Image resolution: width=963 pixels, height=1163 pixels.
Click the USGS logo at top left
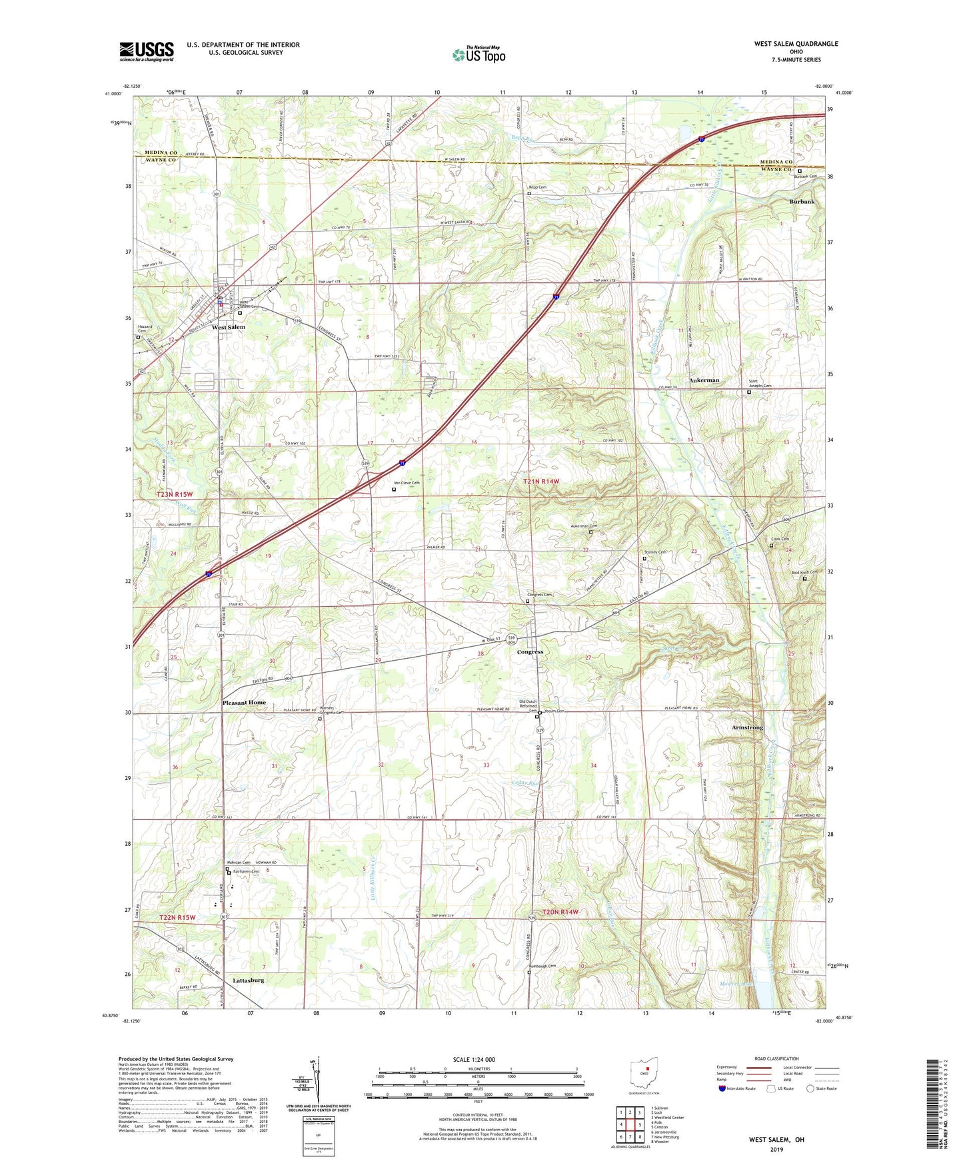[147, 51]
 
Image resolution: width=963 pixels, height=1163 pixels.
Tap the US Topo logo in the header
[478, 55]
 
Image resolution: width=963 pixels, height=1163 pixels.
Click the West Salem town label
[229, 327]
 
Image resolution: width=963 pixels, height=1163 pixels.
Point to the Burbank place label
[802, 201]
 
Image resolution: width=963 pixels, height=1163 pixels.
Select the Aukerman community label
[704, 380]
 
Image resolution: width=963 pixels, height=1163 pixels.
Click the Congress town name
[530, 652]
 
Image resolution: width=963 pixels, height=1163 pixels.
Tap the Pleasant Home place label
[244, 702]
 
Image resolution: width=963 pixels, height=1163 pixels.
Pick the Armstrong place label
[747, 727]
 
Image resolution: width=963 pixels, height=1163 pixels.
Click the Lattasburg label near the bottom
[249, 980]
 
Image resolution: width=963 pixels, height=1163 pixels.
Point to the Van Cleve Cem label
[407, 482]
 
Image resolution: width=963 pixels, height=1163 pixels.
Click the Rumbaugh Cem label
[542, 966]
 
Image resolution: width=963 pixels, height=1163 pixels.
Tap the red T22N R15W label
[178, 917]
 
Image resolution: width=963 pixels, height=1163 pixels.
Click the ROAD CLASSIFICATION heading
[776, 1058]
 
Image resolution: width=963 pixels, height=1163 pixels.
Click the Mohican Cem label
[239, 863]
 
